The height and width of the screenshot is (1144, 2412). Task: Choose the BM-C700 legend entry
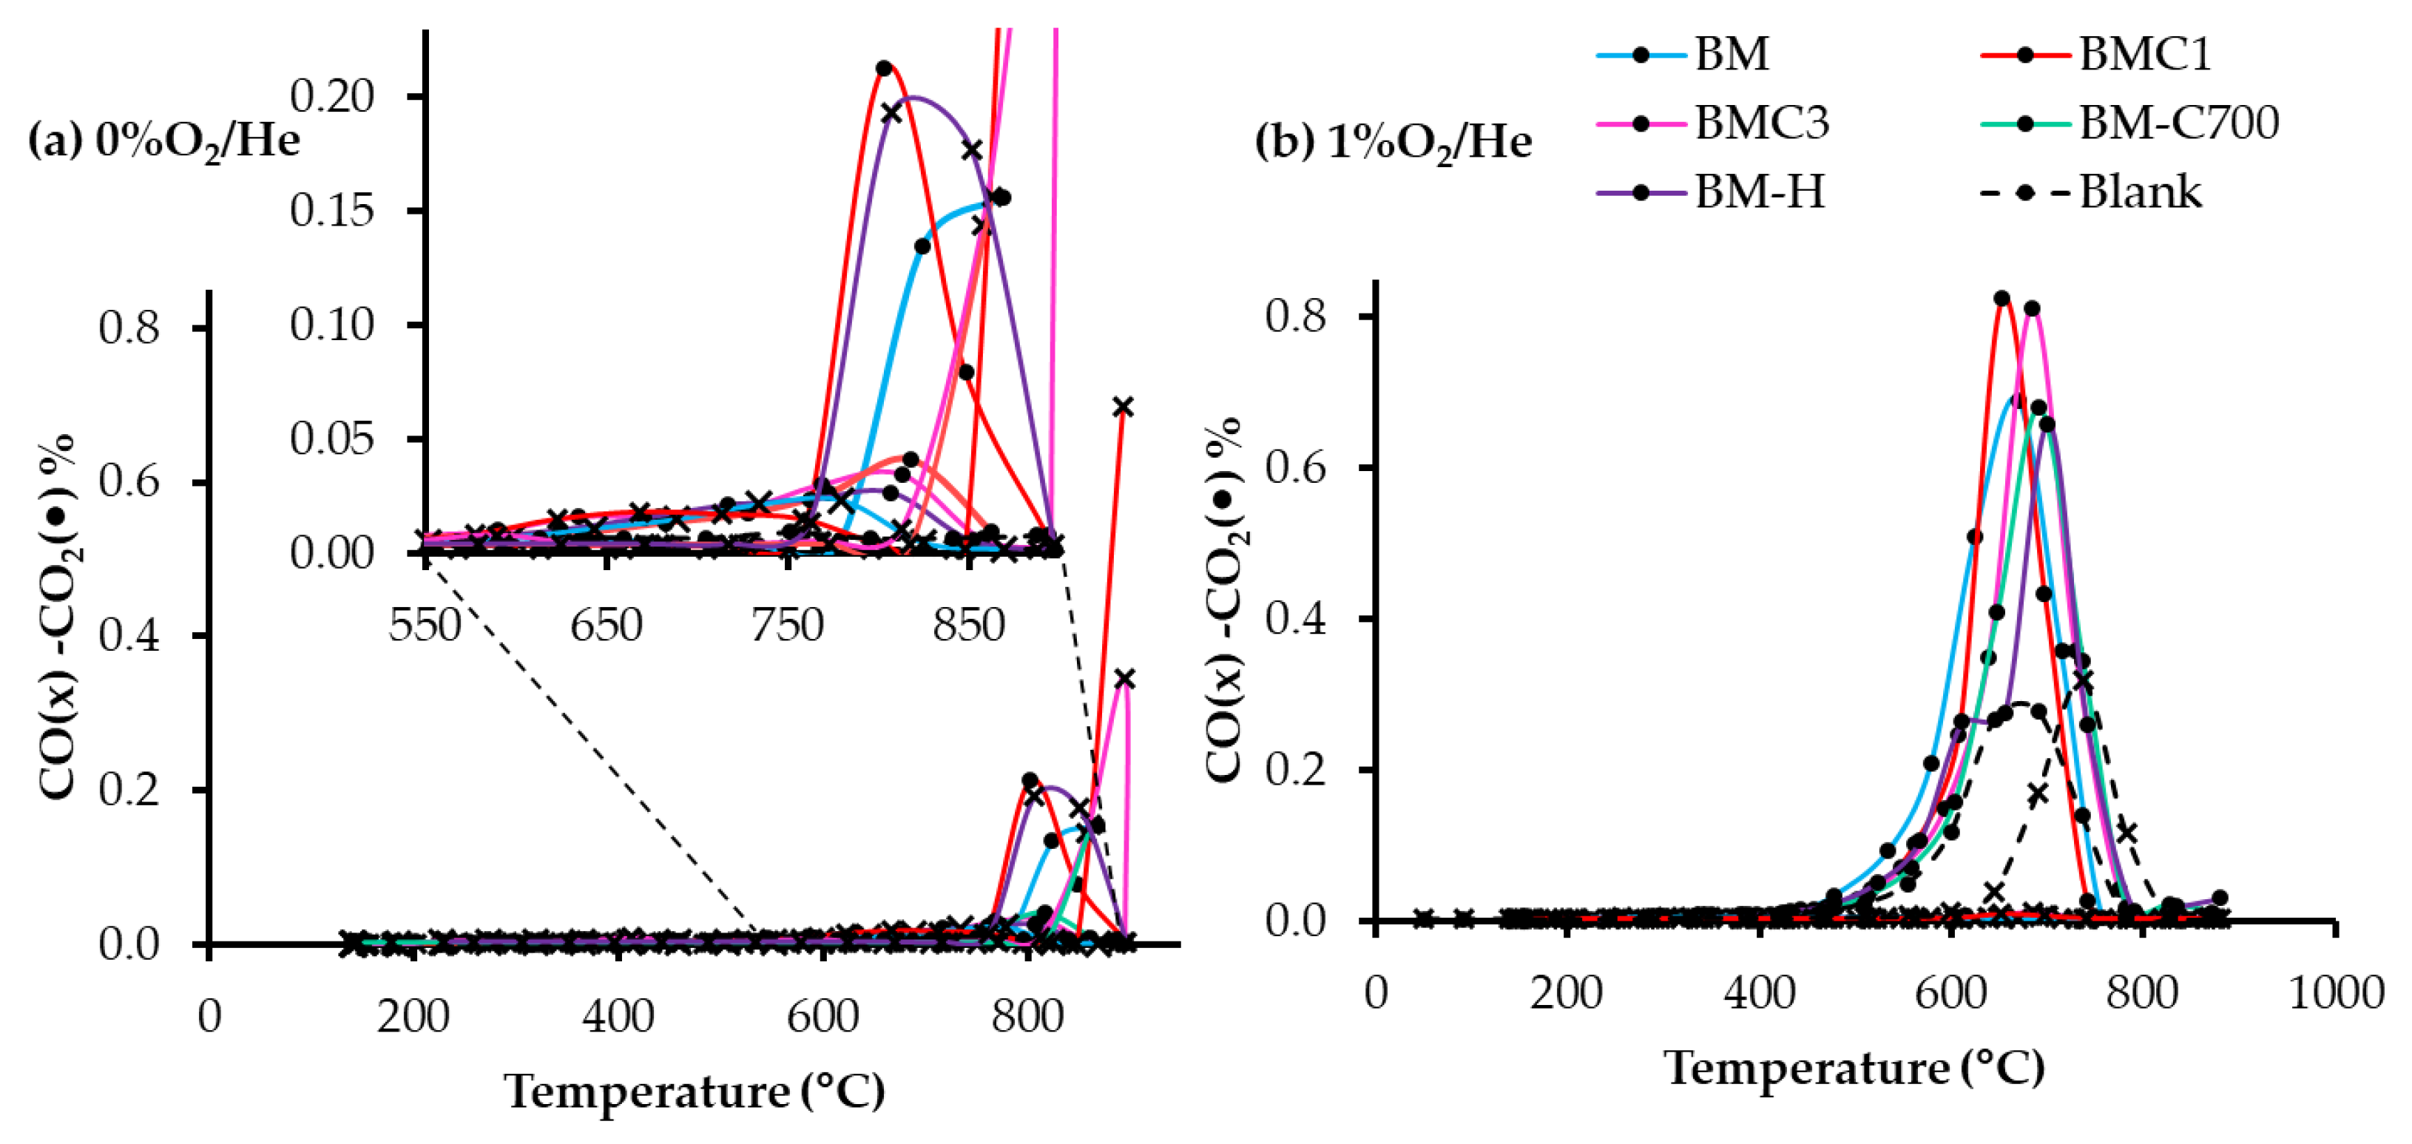click(x=2129, y=123)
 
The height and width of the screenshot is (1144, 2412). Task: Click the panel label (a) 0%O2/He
click(x=164, y=141)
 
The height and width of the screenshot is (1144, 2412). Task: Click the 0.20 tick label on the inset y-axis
click(x=331, y=95)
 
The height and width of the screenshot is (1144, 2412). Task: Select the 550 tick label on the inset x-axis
click(x=425, y=626)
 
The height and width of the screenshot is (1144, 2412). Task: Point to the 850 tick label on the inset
click(x=968, y=626)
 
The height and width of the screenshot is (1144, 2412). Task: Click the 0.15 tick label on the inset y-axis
click(x=331, y=211)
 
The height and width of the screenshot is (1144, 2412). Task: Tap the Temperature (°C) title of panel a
click(x=694, y=1091)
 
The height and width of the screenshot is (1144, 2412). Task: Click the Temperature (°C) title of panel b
click(x=1854, y=1068)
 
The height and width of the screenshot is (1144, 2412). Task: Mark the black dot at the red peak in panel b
click(x=2002, y=299)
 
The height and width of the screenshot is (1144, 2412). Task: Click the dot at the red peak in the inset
click(x=883, y=68)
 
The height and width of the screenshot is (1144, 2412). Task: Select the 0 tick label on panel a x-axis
click(x=210, y=1016)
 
